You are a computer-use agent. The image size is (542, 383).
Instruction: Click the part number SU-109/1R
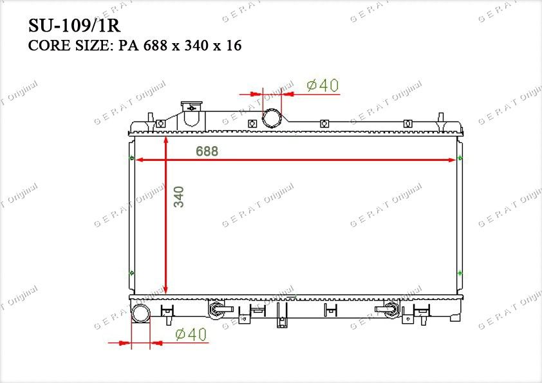coord(74,25)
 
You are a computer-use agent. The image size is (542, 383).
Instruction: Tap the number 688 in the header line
coord(155,46)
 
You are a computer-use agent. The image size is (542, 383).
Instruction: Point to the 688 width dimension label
coord(207,151)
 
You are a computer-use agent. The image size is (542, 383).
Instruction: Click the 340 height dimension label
coord(179,197)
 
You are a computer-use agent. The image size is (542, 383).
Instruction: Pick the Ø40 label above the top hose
coord(323,86)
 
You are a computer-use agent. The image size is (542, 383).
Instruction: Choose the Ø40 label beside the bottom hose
coord(191,334)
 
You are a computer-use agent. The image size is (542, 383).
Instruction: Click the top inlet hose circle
coord(272,118)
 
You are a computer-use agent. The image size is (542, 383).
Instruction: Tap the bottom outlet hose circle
coord(141,313)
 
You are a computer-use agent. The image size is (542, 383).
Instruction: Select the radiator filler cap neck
coord(191,113)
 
